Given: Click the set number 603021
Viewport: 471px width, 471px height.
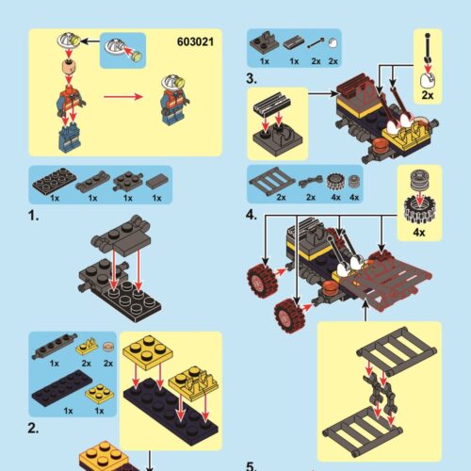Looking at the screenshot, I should (196, 41).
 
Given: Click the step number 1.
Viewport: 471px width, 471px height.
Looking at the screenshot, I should (34, 216).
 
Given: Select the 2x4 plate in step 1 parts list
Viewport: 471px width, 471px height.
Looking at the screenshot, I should (53, 182).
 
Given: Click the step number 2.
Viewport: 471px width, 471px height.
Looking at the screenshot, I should (34, 428).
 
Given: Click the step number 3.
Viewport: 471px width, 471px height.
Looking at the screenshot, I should (252, 78).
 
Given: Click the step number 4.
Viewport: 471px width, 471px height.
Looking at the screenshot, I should (252, 214).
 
